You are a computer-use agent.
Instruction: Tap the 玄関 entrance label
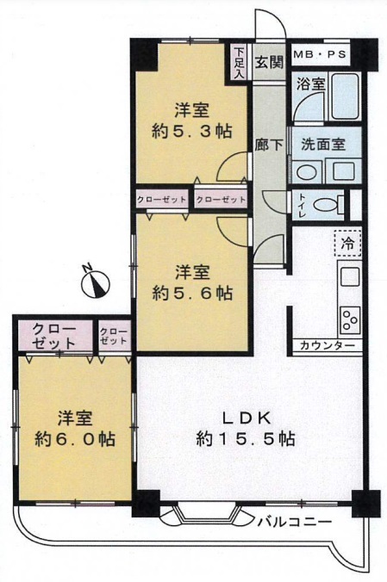(x=269, y=62)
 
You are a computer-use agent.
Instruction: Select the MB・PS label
(x=320, y=54)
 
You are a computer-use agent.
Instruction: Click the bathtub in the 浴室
(x=346, y=96)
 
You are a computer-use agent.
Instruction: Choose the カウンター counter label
(x=327, y=345)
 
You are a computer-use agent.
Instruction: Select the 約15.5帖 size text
(x=246, y=439)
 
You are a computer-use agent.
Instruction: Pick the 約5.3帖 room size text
(x=192, y=131)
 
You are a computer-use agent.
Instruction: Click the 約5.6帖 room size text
(x=192, y=294)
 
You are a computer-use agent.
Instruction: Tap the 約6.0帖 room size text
(x=75, y=439)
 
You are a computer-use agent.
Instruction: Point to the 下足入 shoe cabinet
(x=239, y=62)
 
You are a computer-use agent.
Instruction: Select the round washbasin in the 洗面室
(x=306, y=171)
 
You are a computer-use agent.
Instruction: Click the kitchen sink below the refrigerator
(x=350, y=276)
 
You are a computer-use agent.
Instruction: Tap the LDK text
(x=246, y=418)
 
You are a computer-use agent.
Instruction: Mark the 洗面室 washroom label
(x=323, y=144)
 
